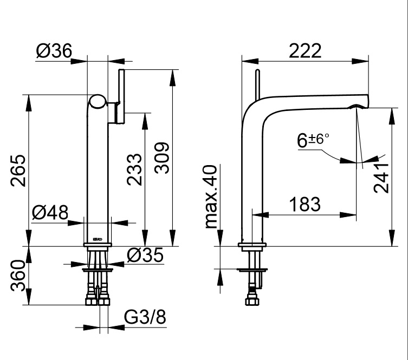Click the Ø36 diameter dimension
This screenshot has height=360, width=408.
54,51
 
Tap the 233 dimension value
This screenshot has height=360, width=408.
135,169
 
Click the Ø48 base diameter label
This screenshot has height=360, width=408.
50,212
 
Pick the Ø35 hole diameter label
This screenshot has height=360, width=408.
145,256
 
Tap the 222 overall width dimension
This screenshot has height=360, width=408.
305,50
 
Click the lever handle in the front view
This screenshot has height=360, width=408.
121,95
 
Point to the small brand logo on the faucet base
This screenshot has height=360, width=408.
98,237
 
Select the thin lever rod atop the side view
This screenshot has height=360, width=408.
257,84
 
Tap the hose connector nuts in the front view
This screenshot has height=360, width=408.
98,297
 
